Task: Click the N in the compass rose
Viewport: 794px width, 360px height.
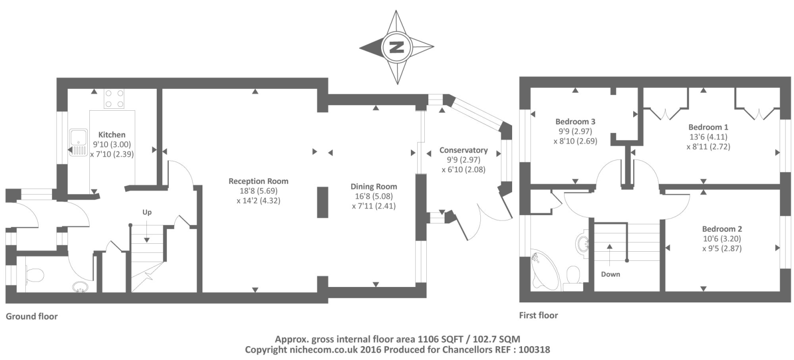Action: [397, 47]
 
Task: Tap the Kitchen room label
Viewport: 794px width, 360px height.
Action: [112, 135]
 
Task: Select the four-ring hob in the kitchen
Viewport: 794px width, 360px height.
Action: [114, 99]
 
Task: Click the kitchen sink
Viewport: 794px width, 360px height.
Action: [78, 142]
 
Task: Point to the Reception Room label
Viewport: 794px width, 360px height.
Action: [259, 181]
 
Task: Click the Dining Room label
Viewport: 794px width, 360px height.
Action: [374, 187]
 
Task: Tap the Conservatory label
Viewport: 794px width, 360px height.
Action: [463, 150]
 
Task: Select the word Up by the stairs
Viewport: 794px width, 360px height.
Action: [147, 213]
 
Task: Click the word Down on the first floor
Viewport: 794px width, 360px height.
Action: [610, 274]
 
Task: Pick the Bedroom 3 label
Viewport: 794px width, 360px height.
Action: [575, 122]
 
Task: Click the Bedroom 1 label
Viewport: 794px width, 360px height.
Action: [708, 127]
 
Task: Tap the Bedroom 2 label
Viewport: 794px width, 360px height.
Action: [722, 229]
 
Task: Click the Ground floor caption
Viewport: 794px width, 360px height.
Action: [32, 316]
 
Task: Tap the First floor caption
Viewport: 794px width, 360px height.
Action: [538, 315]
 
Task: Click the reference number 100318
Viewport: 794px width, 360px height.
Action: [534, 350]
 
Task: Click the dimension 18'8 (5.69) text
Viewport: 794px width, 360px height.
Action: [259, 191]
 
